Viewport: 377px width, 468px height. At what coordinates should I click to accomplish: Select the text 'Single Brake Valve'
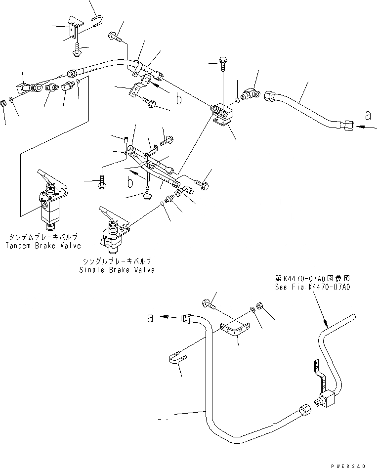pyautogui.click(x=117, y=270)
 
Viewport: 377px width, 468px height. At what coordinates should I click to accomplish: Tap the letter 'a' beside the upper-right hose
pyautogui.click(x=367, y=116)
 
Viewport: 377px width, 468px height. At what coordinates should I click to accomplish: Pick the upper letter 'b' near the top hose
pyautogui.click(x=179, y=99)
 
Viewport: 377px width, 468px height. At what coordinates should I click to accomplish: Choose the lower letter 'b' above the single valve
pyautogui.click(x=130, y=182)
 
